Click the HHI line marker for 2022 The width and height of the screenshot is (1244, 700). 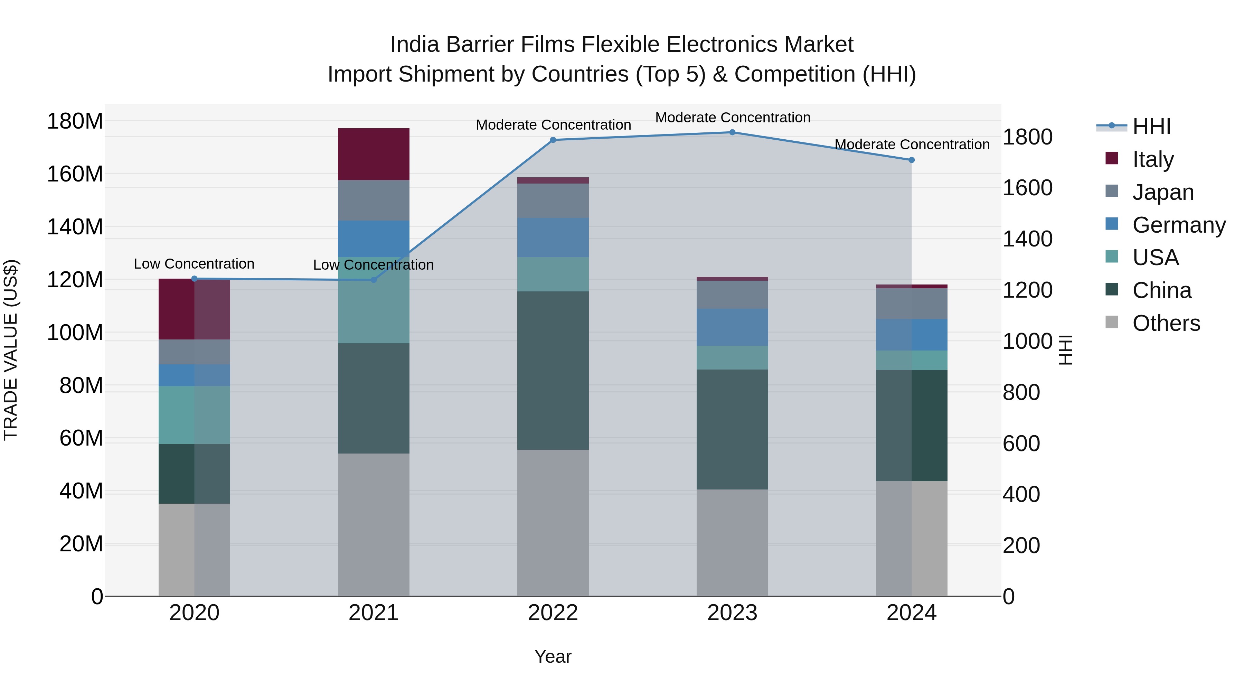tap(553, 140)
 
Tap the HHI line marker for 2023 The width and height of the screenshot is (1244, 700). tap(732, 132)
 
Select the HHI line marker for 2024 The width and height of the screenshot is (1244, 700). tap(911, 160)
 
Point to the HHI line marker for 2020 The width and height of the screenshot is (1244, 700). tap(194, 279)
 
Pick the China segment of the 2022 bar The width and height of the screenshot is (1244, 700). tap(553, 371)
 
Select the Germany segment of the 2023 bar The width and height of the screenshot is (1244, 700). tap(732, 327)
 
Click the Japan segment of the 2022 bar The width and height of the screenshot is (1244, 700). tap(553, 200)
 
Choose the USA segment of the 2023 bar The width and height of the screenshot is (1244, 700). tap(732, 357)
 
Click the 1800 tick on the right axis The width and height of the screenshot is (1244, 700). tap(1028, 137)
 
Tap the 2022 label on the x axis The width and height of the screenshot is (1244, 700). tap(553, 613)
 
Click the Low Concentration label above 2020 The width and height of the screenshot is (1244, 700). tap(194, 264)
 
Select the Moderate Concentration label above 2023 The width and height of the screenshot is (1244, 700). tap(732, 118)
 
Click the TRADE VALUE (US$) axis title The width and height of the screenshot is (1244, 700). tap(11, 350)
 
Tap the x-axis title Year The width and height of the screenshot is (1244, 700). tap(553, 656)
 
